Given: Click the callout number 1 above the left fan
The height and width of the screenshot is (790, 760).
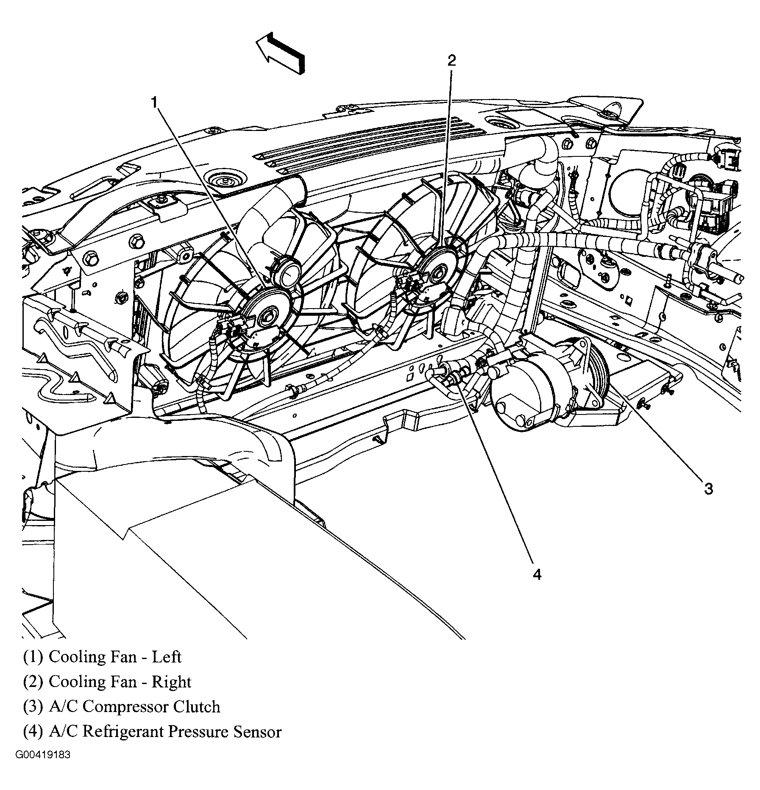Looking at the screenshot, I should (155, 102).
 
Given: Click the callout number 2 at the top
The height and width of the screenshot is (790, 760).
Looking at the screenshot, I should (452, 61).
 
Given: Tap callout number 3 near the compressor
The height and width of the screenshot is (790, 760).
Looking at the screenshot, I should (709, 488).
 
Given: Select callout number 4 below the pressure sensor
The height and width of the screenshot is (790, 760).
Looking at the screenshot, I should (537, 575).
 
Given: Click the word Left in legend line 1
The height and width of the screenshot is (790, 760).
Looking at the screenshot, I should (167, 657).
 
